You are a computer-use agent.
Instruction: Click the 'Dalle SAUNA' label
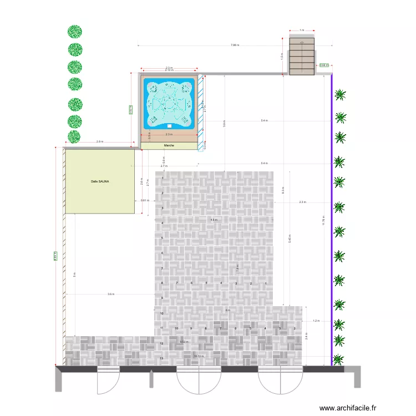100,181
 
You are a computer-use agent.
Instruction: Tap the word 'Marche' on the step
169,146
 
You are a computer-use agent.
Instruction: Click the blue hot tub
169,103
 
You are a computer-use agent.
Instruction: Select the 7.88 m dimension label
235,45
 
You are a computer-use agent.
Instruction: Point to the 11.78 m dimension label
323,221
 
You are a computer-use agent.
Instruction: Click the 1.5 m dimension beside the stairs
282,55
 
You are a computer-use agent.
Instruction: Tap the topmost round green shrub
75,32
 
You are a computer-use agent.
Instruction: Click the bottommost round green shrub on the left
74,136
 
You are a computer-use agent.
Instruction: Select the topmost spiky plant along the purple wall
341,95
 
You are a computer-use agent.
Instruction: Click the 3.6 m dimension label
110,294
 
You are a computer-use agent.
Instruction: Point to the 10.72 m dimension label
199,356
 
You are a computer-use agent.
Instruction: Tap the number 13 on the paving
161,359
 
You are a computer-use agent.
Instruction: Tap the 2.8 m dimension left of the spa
100,141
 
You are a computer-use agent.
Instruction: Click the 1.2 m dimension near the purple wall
317,321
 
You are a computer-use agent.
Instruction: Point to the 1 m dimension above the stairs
302,31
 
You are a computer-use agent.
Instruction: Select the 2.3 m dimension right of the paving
302,202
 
